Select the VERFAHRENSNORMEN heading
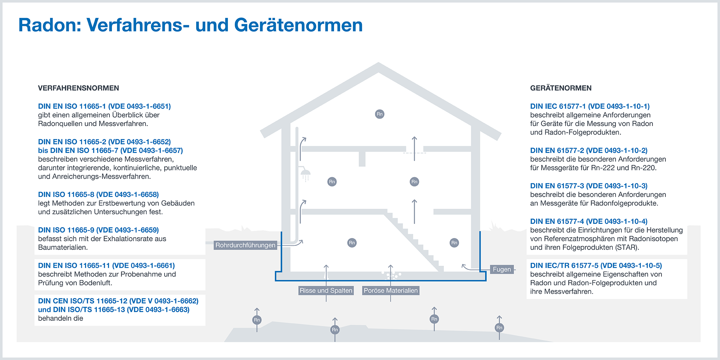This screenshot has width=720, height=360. (78, 88)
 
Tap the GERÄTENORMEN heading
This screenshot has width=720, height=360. (561, 88)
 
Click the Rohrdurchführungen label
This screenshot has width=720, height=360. (246, 245)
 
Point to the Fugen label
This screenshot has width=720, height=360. (502, 269)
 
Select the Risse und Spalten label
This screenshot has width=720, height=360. (326, 291)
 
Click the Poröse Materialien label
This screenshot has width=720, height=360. (391, 291)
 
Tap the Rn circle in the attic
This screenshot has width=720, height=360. (379, 114)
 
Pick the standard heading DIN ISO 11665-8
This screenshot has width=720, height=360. (98, 194)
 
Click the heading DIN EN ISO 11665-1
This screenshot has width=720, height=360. (104, 106)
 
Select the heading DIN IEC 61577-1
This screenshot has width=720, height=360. (590, 106)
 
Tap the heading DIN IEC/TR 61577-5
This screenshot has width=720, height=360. (596, 265)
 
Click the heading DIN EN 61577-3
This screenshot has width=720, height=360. (589, 186)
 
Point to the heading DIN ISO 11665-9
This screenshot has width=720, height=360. (98, 230)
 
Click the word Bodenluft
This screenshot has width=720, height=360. (94, 283)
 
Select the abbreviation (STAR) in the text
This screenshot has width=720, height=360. (627, 247)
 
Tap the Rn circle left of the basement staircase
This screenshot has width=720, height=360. (352, 243)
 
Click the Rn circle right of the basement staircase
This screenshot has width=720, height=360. (454, 243)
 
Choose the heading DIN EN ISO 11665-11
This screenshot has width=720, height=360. (106, 265)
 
